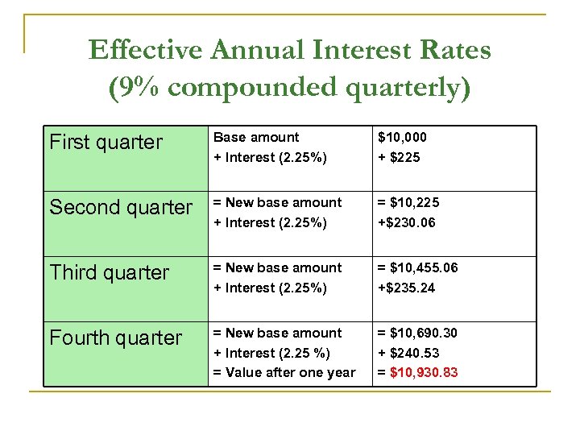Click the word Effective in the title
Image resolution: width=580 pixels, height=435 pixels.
pyautogui.click(x=145, y=51)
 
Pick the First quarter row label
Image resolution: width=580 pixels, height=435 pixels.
pyautogui.click(x=106, y=143)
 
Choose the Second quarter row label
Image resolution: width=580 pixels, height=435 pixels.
pyautogui.click(x=121, y=208)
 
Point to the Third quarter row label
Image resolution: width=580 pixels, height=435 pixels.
pyautogui.click(x=110, y=273)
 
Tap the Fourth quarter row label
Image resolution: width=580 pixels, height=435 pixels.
pyautogui.click(x=116, y=338)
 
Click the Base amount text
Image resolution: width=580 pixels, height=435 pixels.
pyautogui.click(x=255, y=138)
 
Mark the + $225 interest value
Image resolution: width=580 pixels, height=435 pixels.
pyautogui.click(x=400, y=157)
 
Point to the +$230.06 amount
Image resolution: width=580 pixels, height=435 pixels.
pyautogui.click(x=407, y=222)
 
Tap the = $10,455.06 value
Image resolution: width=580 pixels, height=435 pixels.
pyautogui.click(x=420, y=268)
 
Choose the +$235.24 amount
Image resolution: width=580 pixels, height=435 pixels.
pyautogui.click(x=407, y=288)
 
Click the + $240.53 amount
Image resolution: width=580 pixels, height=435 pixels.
pyautogui.click(x=409, y=353)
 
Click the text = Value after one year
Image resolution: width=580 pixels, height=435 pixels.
pyautogui.click(x=284, y=372)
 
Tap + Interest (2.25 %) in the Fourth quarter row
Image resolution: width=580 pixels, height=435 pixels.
pyautogui.click(x=272, y=353)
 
